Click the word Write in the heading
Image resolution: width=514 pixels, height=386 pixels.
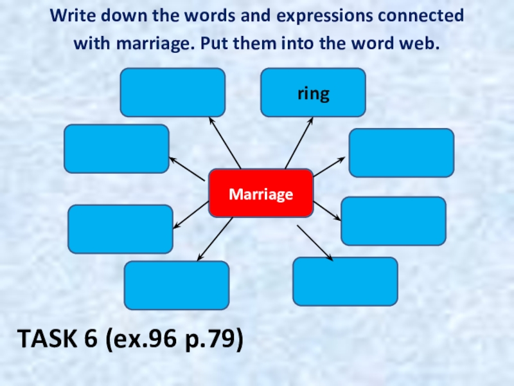[x=71, y=15]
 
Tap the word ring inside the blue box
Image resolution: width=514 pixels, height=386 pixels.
[x=313, y=94]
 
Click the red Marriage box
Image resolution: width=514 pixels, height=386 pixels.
[x=261, y=194]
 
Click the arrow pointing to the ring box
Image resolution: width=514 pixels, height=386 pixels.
[x=299, y=143]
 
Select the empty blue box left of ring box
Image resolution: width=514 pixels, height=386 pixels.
[x=173, y=93]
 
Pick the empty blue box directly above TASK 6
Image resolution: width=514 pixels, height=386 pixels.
[x=176, y=285]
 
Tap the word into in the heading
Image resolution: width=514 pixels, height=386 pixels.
[x=316, y=44]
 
